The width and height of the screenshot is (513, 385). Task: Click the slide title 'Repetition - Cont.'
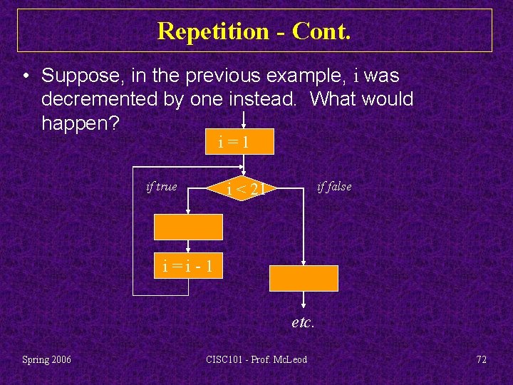tap(254, 31)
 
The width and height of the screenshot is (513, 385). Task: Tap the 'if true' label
tap(161, 187)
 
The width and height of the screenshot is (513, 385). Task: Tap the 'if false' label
tap(333, 187)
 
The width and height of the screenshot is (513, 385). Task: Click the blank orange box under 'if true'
tap(189, 227)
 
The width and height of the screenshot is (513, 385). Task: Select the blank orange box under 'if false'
tap(304, 278)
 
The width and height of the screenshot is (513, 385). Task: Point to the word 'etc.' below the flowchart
tap(303, 322)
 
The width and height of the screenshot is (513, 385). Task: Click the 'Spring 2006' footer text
tap(47, 359)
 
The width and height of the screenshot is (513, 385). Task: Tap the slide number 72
tap(481, 359)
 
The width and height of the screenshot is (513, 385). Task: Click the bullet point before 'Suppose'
tap(25, 76)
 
